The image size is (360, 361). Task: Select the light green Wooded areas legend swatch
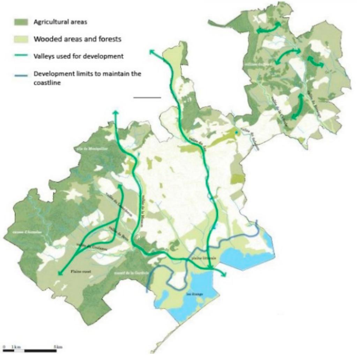coord(21,39)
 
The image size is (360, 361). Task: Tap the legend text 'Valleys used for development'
coord(78,56)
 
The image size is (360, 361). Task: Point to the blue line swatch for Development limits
coord(21,74)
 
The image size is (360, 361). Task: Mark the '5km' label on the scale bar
coord(58,347)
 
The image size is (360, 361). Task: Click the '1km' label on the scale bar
coord(16,347)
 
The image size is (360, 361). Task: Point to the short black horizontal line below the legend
coord(147,97)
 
